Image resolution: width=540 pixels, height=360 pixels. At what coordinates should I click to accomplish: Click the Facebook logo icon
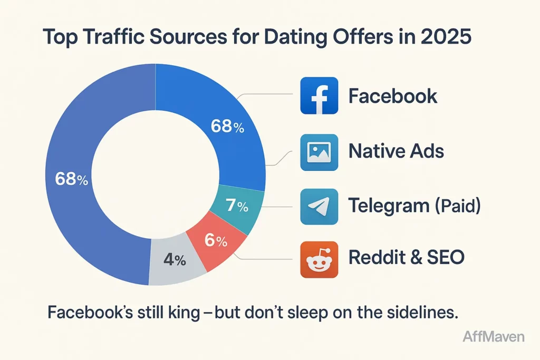319,96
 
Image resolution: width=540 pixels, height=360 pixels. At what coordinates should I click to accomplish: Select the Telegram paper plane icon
319,207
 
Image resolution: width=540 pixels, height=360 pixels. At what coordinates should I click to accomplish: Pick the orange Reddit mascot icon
319,259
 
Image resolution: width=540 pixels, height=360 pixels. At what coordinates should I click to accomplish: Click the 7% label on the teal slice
237,207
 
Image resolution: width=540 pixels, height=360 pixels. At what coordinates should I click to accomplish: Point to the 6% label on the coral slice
215,241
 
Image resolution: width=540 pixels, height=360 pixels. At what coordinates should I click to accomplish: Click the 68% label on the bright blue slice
227,127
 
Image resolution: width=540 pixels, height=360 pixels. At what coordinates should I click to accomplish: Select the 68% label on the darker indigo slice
72,179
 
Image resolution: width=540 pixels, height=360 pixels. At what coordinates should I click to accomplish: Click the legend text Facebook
393,96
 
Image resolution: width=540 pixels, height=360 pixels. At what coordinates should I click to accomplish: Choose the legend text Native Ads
396,152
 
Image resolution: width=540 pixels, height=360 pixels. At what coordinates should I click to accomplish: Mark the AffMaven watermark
493,336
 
